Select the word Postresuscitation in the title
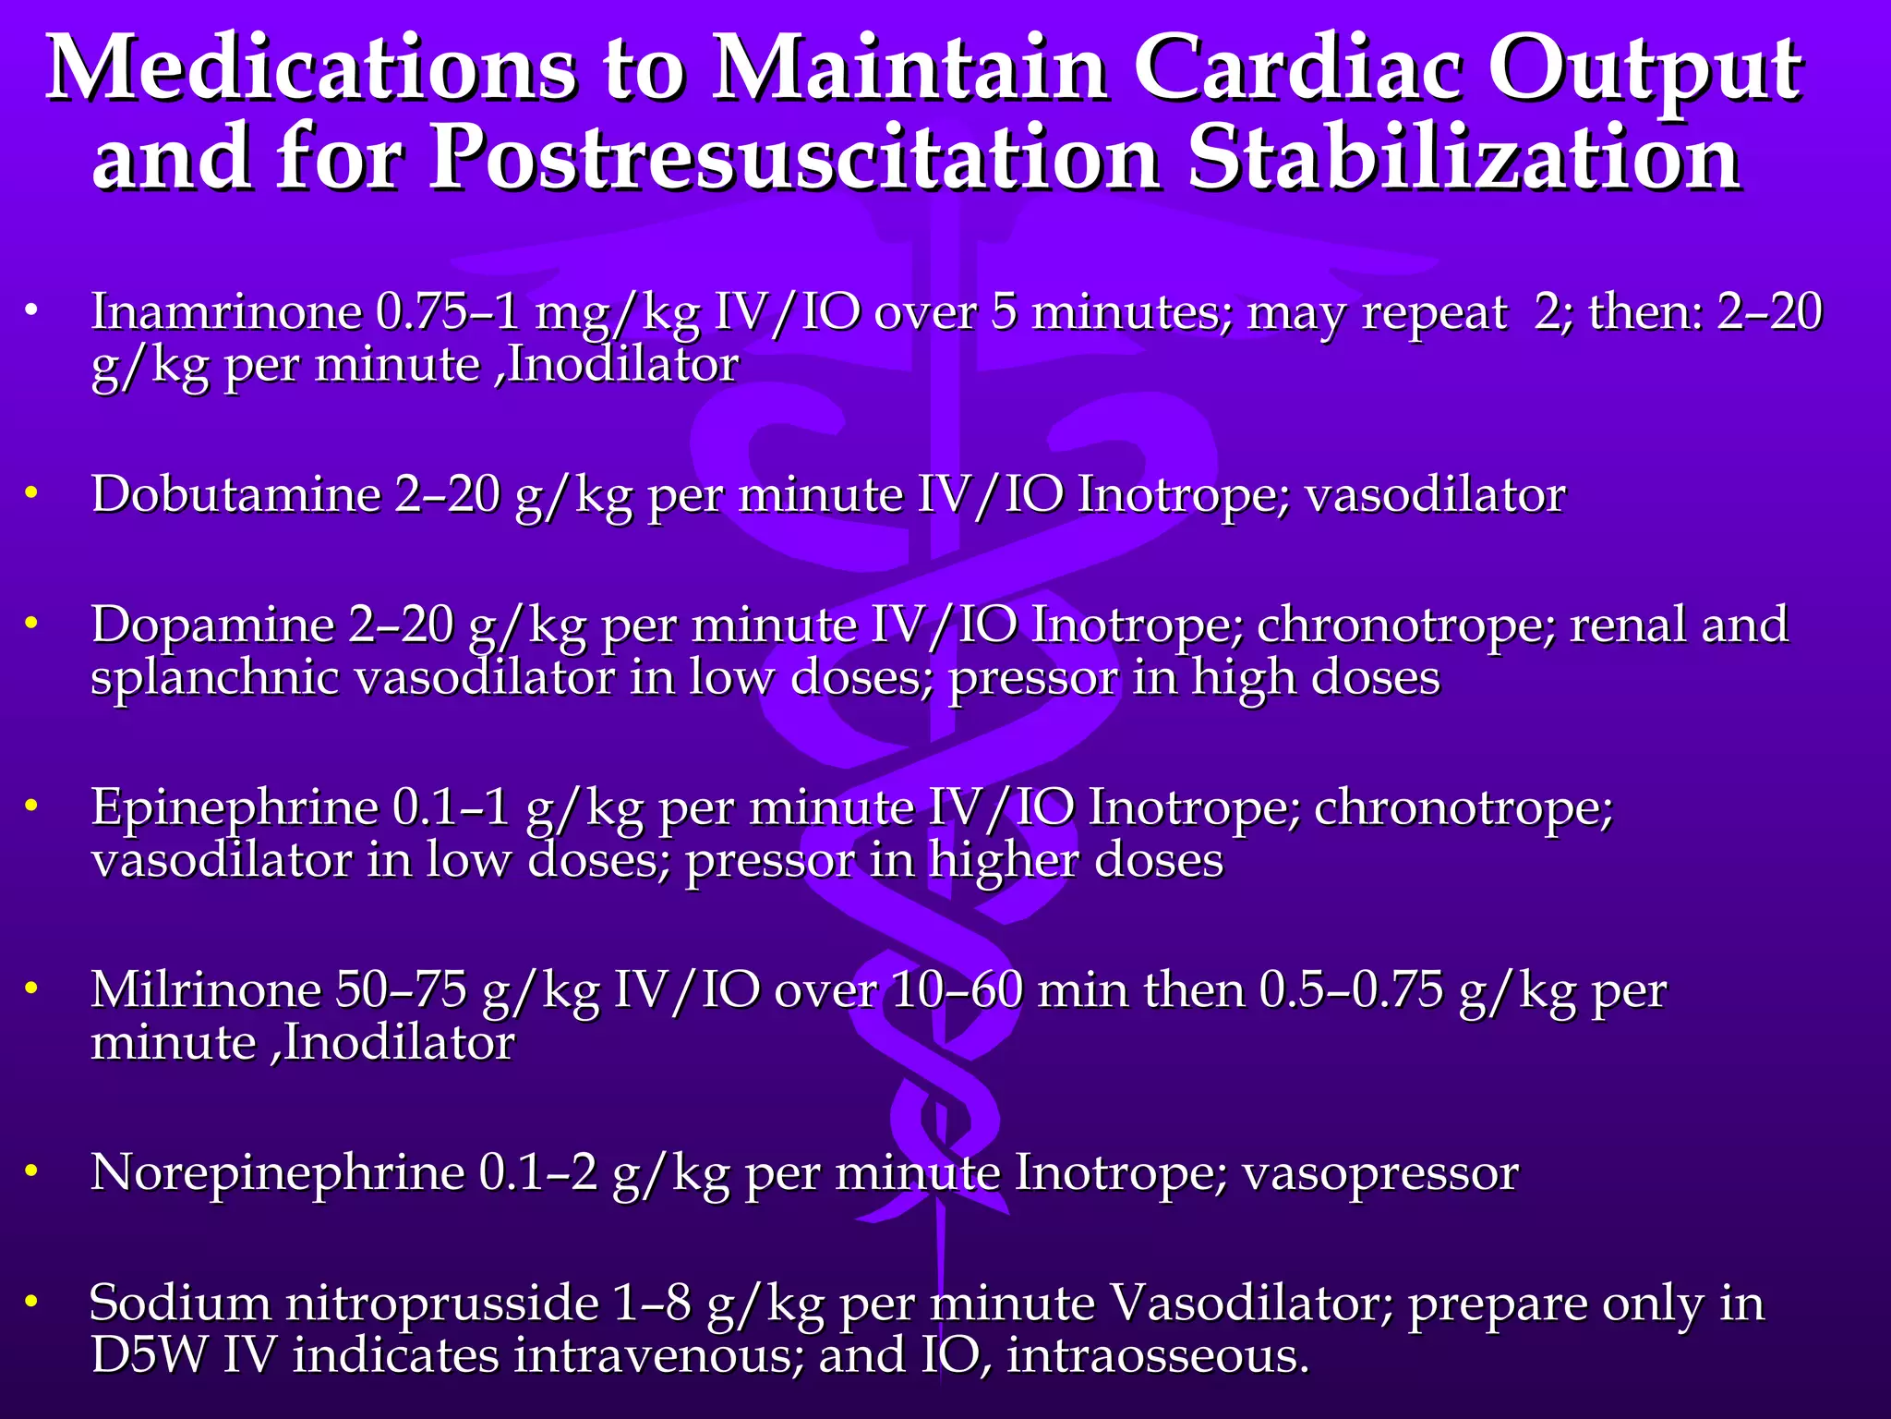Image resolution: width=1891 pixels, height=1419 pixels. tap(795, 159)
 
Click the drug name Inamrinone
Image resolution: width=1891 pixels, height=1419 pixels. tap(226, 311)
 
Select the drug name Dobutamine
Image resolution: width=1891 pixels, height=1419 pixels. tap(236, 494)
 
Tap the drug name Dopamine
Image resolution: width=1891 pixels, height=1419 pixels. tap(213, 625)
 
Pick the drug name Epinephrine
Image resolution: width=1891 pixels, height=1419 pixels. tap(235, 807)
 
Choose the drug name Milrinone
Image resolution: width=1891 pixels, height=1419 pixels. tap(205, 989)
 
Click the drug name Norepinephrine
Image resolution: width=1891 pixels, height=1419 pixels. tap(278, 1172)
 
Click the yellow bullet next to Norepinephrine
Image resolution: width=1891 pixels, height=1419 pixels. tap(32, 1171)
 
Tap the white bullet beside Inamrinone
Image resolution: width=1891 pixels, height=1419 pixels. tap(32, 310)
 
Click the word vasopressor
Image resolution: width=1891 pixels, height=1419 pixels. tap(1379, 1173)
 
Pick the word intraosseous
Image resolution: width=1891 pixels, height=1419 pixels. tap(1158, 1355)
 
